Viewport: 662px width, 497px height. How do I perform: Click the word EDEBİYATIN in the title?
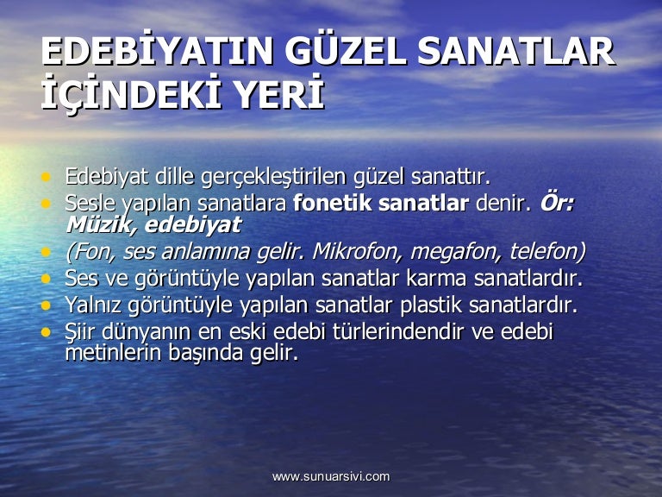pyautogui.click(x=157, y=51)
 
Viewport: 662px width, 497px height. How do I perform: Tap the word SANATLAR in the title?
pyautogui.click(x=516, y=52)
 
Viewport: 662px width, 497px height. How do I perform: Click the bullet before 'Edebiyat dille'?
pyautogui.click(x=46, y=177)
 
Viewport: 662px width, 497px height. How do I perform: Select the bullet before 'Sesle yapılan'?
pyautogui.click(x=46, y=204)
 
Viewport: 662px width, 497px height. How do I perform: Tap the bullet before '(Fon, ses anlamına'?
pyautogui.click(x=46, y=252)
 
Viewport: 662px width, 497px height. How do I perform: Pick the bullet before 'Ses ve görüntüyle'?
pyautogui.click(x=46, y=279)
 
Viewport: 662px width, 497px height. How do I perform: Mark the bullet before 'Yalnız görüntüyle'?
pyautogui.click(x=46, y=305)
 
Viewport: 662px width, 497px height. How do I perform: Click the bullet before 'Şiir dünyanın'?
pyautogui.click(x=46, y=332)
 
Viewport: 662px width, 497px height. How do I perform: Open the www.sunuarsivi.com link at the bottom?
pyautogui.click(x=331, y=476)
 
